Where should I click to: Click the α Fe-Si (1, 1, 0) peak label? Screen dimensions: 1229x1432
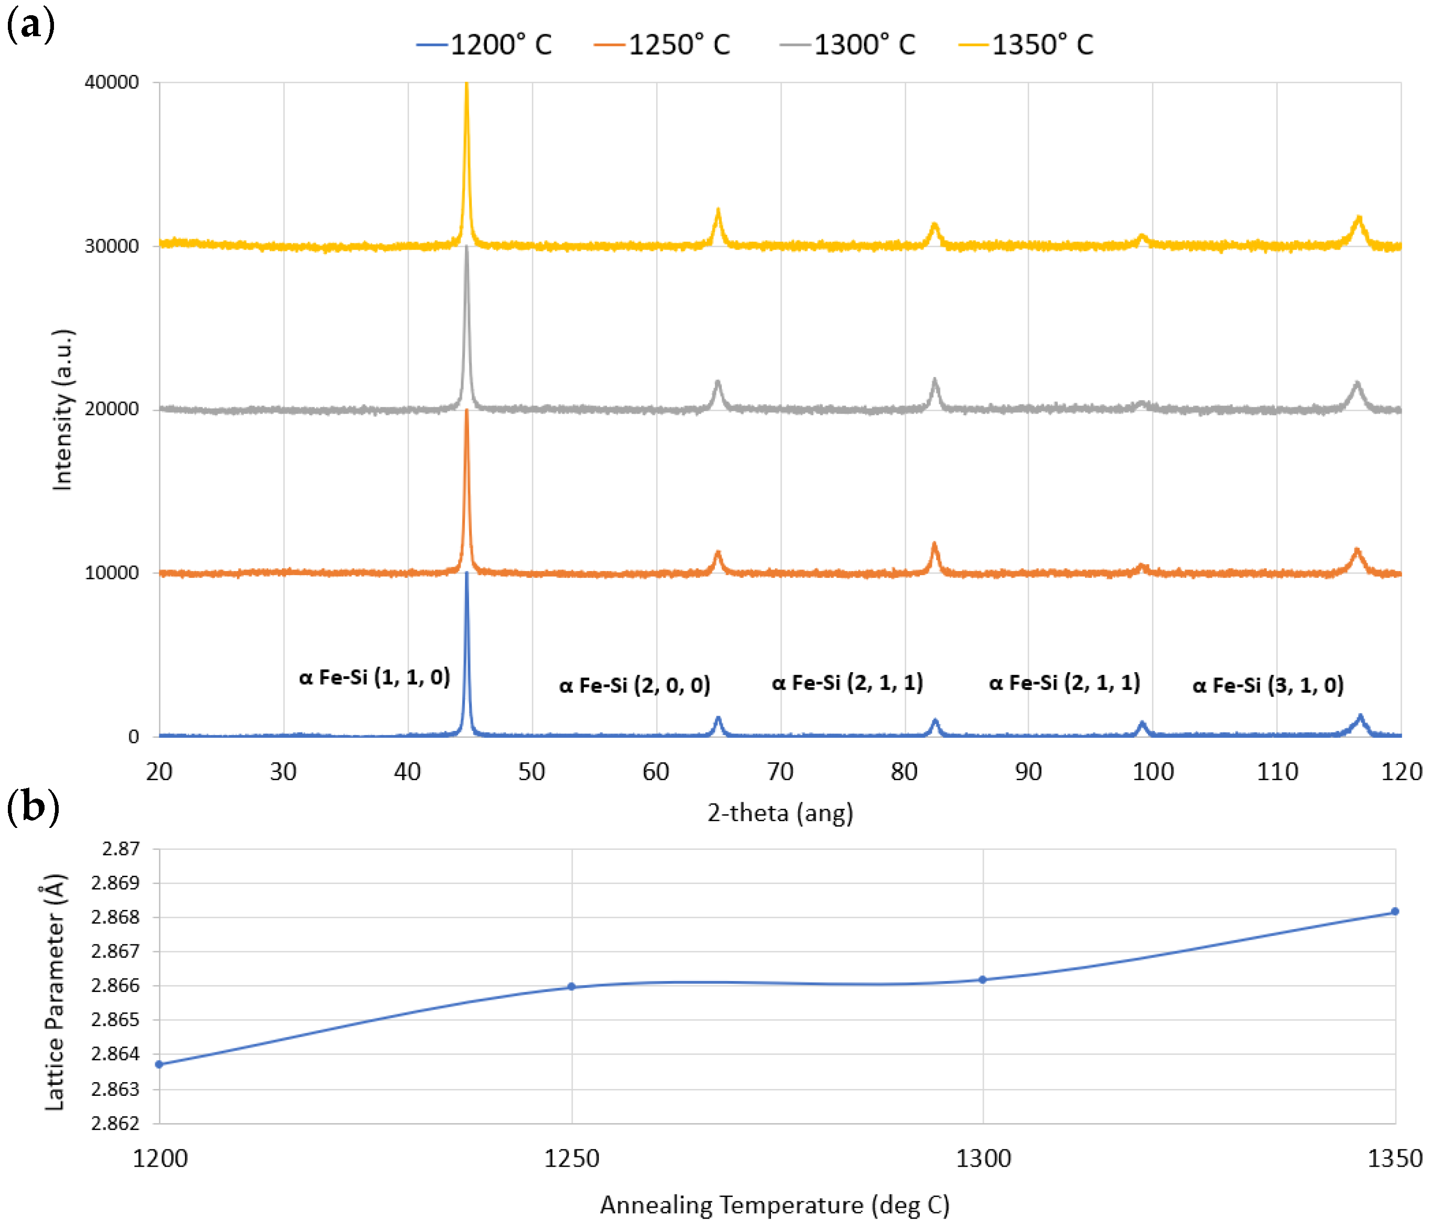click(x=375, y=677)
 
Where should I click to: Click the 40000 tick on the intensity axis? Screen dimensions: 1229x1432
click(x=111, y=82)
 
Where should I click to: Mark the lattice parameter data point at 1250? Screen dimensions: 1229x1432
click(x=571, y=986)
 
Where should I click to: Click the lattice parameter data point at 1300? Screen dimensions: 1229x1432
click(x=983, y=979)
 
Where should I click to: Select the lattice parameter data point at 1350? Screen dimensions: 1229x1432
click(x=1395, y=912)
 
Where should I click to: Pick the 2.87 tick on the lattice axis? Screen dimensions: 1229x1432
click(x=121, y=849)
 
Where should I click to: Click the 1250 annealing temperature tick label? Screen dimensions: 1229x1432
click(x=571, y=1159)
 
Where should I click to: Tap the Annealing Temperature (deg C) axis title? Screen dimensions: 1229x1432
click(x=775, y=1205)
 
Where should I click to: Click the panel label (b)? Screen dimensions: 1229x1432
click(x=32, y=806)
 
